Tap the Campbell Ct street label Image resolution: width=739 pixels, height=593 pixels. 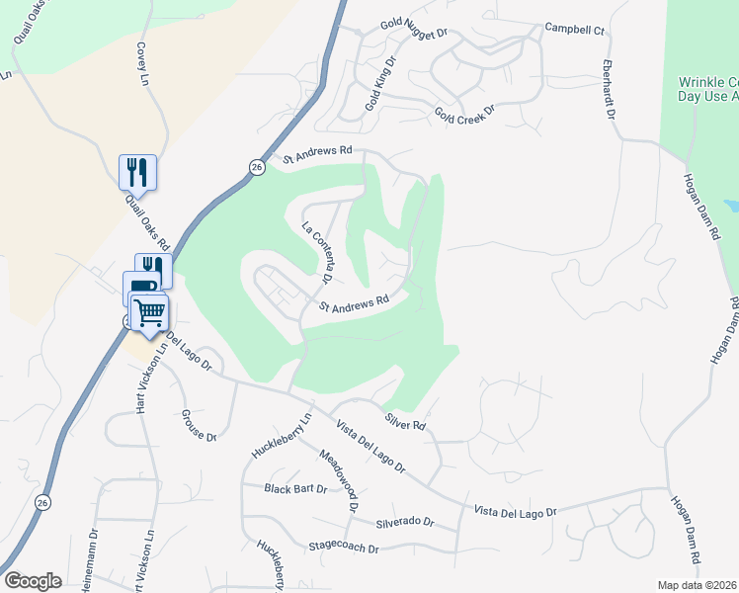pyautogui.click(x=574, y=30)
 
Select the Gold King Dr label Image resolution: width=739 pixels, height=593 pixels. pyautogui.click(x=380, y=83)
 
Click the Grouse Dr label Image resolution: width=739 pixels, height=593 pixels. pyautogui.click(x=198, y=424)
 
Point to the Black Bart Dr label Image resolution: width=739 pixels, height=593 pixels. pyautogui.click(x=295, y=488)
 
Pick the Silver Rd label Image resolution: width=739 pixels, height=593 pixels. pyautogui.click(x=405, y=420)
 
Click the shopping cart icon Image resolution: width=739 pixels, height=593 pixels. pyautogui.click(x=149, y=313)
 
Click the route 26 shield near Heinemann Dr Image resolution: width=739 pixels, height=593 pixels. pyautogui.click(x=41, y=503)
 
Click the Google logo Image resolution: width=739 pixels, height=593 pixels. pyautogui.click(x=33, y=581)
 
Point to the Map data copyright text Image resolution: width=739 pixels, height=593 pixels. pyautogui.click(x=698, y=585)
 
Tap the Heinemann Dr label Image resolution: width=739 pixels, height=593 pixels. pyautogui.click(x=94, y=567)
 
